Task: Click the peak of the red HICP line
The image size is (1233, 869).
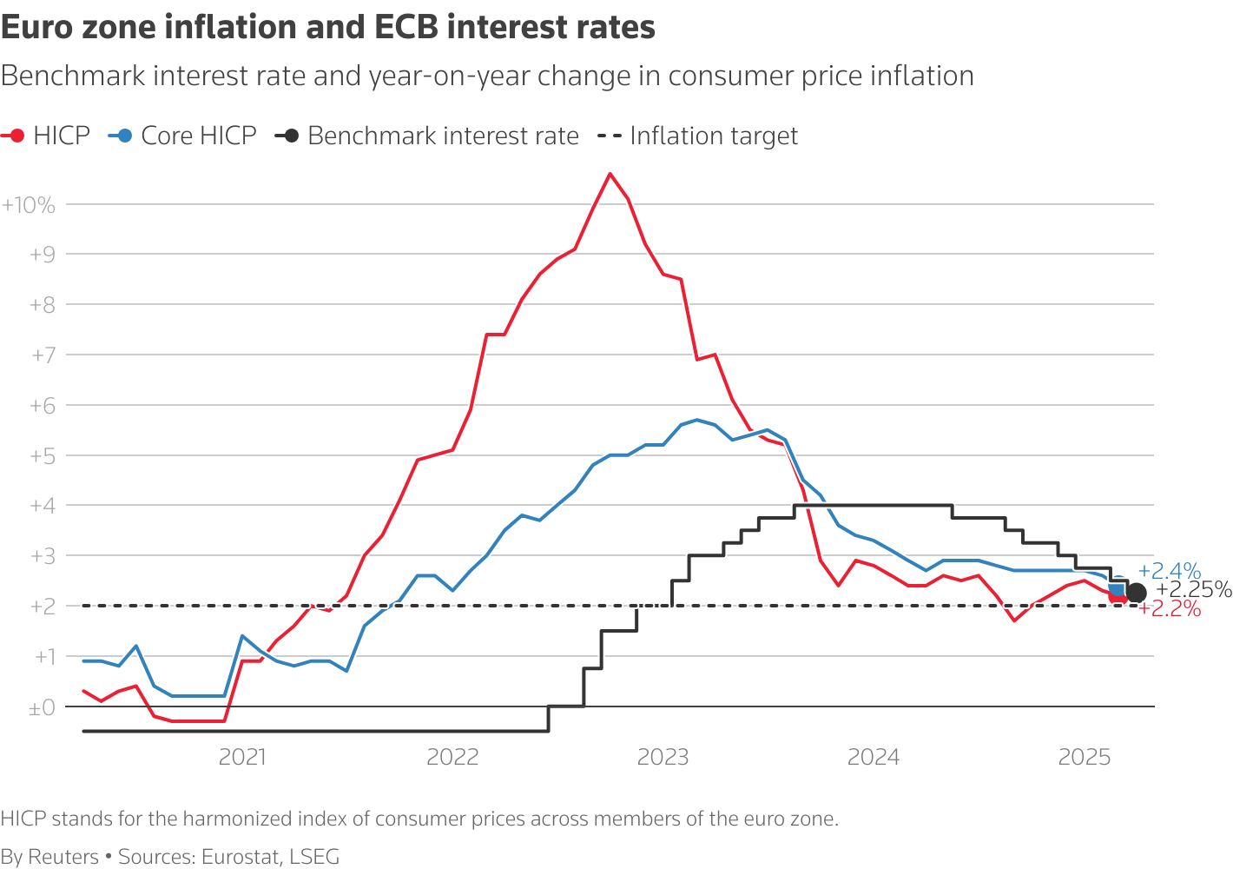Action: pyautogui.click(x=610, y=174)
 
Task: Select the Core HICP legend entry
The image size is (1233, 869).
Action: pyautogui.click(x=183, y=136)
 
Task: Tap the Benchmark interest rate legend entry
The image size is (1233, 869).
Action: pyautogui.click(x=427, y=136)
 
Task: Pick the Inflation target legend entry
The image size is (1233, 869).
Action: pyautogui.click(x=698, y=136)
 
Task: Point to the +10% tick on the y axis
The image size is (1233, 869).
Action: pyautogui.click(x=29, y=205)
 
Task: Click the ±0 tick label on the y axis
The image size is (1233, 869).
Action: pyautogui.click(x=41, y=707)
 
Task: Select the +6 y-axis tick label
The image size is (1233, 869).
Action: pyautogui.click(x=42, y=406)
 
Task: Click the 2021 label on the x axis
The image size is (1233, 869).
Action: pyautogui.click(x=242, y=757)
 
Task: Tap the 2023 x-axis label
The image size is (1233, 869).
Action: pyautogui.click(x=663, y=757)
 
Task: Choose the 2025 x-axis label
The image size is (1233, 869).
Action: pyautogui.click(x=1084, y=757)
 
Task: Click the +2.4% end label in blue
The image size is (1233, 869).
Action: pyautogui.click(x=1169, y=571)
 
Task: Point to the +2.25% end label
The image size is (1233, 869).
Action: pyautogui.click(x=1194, y=590)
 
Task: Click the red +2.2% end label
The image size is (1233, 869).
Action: pyautogui.click(x=1170, y=609)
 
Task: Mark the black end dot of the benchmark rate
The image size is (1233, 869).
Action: pyautogui.click(x=1136, y=593)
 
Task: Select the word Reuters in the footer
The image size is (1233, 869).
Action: pyautogui.click(x=63, y=857)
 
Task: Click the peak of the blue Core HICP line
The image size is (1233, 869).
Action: pyautogui.click(x=697, y=420)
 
